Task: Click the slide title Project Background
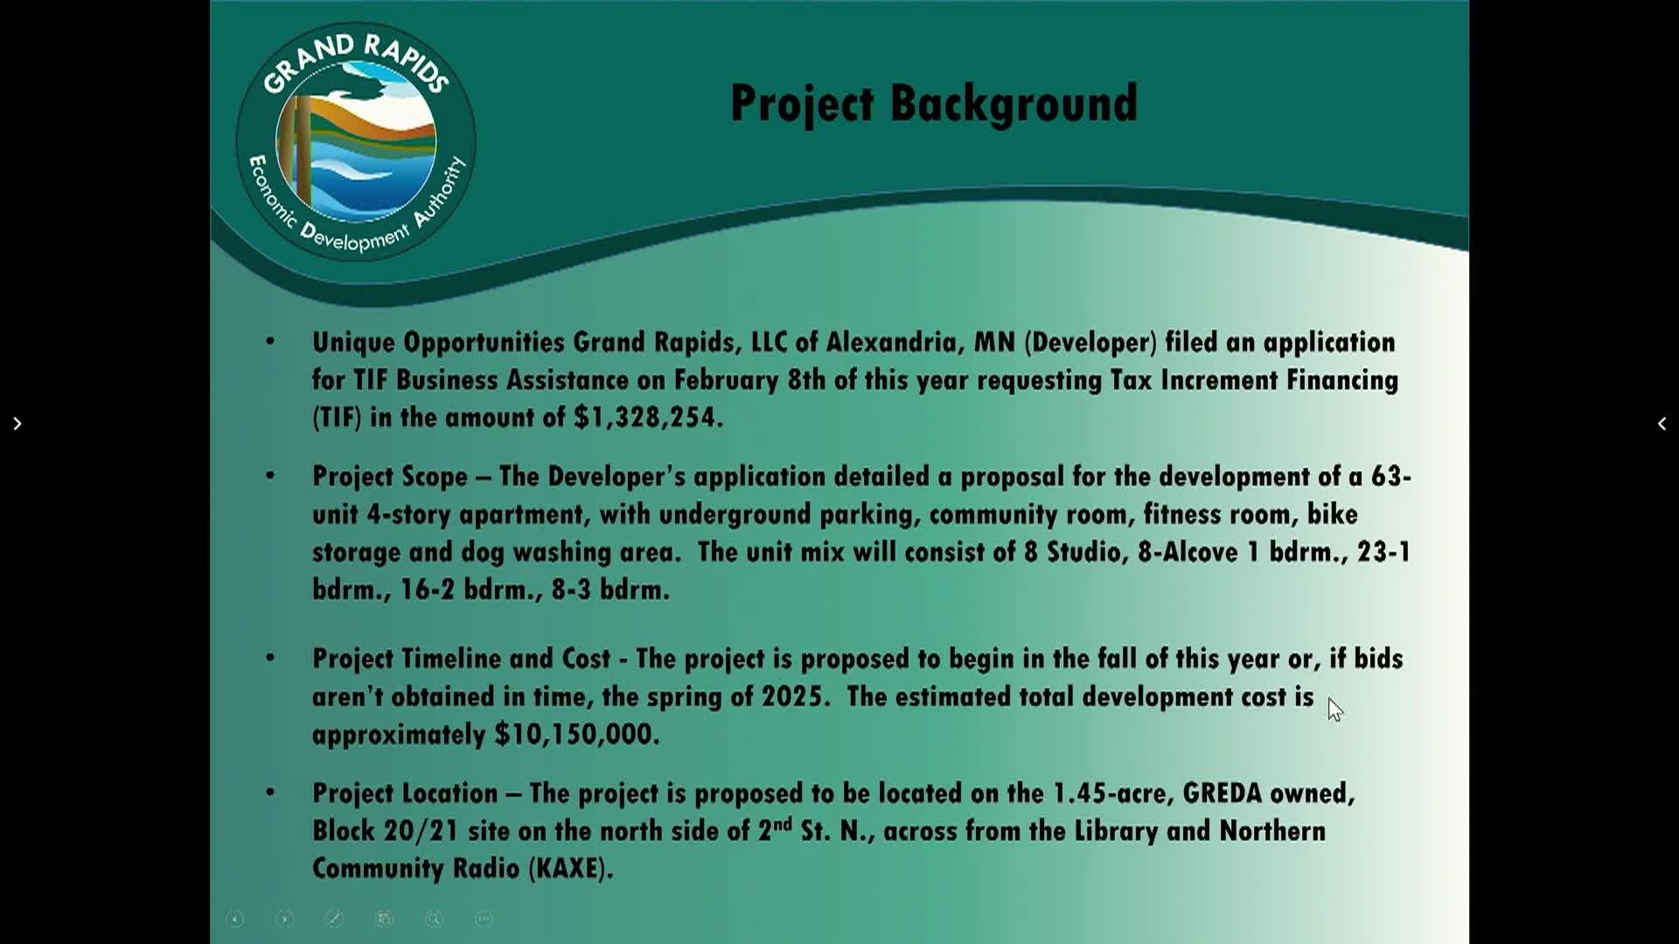934,104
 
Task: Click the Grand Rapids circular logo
356,142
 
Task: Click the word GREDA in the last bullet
1223,793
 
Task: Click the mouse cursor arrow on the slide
1334,710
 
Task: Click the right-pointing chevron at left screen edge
17,424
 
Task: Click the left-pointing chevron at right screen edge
1662,424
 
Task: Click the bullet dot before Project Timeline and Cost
270,657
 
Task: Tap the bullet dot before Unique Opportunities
270,341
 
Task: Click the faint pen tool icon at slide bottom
334,919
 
